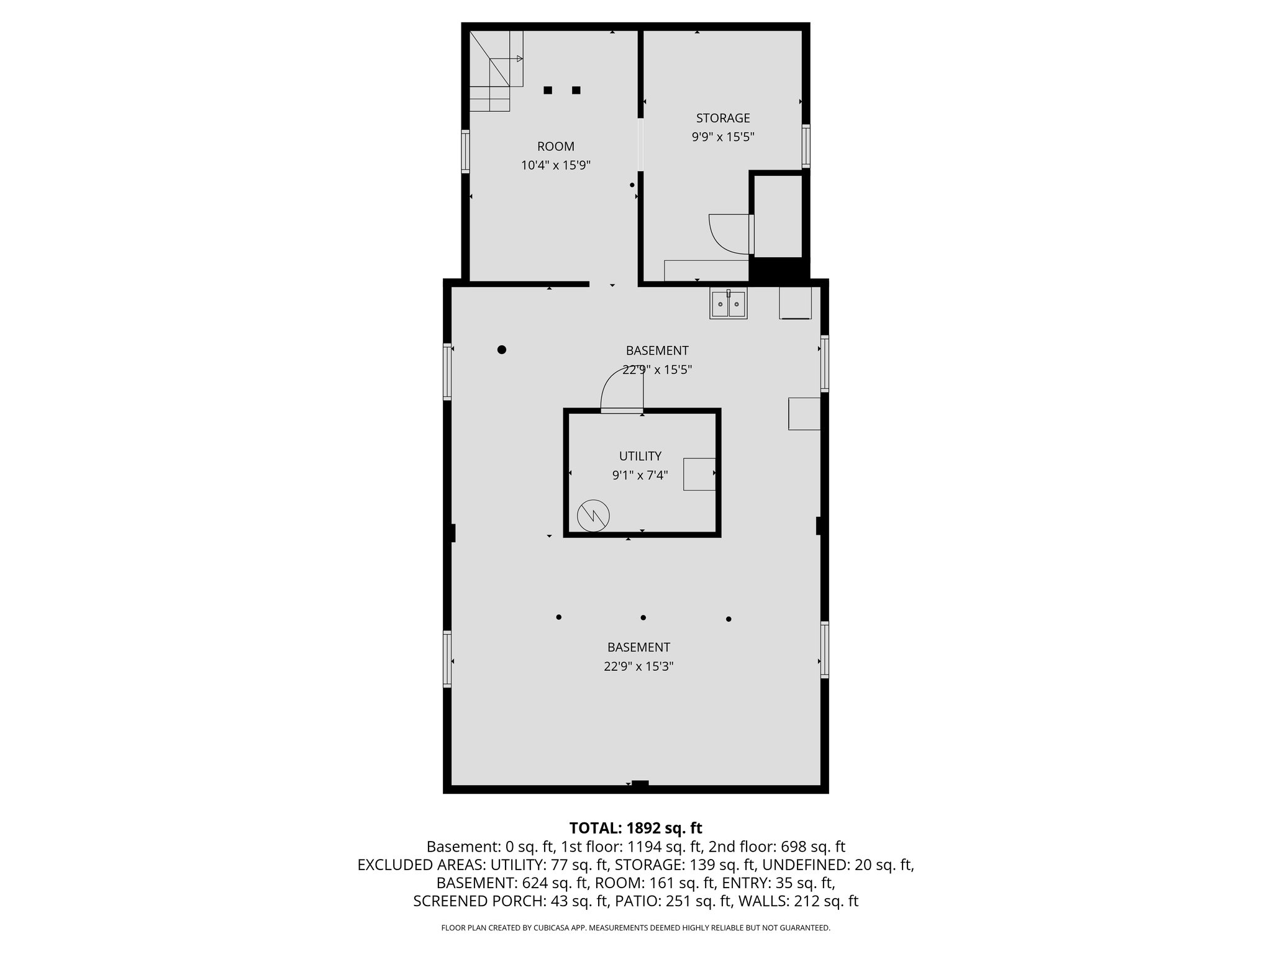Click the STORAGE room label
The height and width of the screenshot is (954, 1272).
click(x=722, y=118)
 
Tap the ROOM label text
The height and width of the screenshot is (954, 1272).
click(x=555, y=147)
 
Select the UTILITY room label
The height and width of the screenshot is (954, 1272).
click(x=640, y=456)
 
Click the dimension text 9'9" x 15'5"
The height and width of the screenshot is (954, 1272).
click(x=722, y=137)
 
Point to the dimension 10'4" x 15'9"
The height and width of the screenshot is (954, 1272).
click(x=555, y=165)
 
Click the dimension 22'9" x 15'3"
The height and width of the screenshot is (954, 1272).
click(x=638, y=666)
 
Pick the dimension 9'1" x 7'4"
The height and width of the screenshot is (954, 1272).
click(x=640, y=475)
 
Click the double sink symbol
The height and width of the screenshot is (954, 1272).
click(x=729, y=304)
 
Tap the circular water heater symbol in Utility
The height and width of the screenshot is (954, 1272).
click(x=593, y=516)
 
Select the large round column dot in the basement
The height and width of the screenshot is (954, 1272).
click(x=502, y=350)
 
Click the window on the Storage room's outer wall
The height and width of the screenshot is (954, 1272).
click(x=806, y=146)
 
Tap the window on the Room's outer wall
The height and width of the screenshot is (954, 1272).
click(x=465, y=151)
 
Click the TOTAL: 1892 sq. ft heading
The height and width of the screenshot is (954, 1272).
click(x=635, y=828)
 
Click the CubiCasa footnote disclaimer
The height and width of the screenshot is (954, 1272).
click(x=635, y=928)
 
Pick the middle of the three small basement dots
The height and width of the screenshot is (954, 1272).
click(x=643, y=617)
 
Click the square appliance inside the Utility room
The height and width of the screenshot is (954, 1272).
click(x=699, y=475)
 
